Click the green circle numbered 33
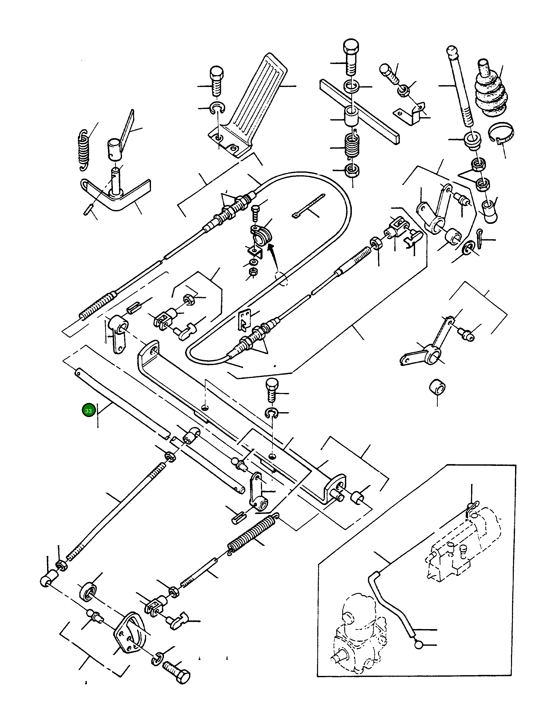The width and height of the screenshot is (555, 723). point(88,411)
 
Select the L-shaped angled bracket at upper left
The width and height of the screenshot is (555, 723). point(116,193)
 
